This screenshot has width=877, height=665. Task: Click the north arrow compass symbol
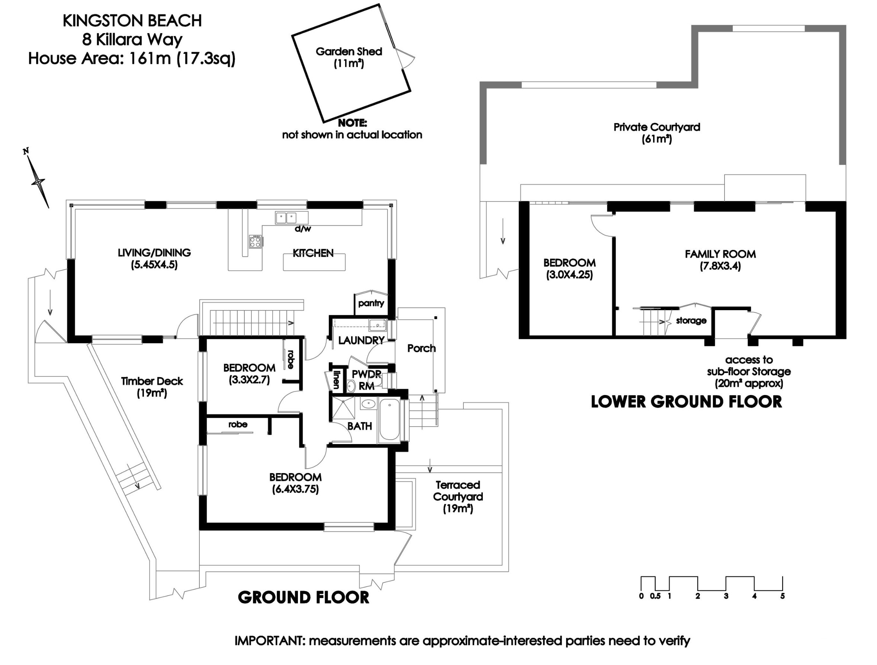coord(38,181)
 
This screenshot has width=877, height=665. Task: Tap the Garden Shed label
coord(348,52)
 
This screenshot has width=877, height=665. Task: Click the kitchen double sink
coord(286,217)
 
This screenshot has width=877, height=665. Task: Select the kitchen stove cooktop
coord(255,241)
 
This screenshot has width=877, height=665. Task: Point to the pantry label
coord(371,303)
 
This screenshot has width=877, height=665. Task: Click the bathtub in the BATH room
coord(389,420)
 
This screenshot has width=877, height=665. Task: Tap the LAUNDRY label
coord(361,340)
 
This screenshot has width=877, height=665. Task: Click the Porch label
coord(421,348)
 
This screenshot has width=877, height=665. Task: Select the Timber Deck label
coord(152,381)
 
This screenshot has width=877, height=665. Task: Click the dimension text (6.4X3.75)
coord(295,489)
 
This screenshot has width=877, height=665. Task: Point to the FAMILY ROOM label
coord(720,254)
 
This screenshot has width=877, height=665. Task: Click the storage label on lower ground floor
coord(691,320)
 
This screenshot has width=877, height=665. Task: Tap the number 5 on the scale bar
coord(782,596)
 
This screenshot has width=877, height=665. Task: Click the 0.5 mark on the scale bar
coord(655,596)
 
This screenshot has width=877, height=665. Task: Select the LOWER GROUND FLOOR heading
coord(686,402)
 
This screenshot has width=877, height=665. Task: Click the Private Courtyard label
coord(656,127)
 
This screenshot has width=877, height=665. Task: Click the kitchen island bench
coord(314,262)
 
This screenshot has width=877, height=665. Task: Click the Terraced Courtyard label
coord(457,491)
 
